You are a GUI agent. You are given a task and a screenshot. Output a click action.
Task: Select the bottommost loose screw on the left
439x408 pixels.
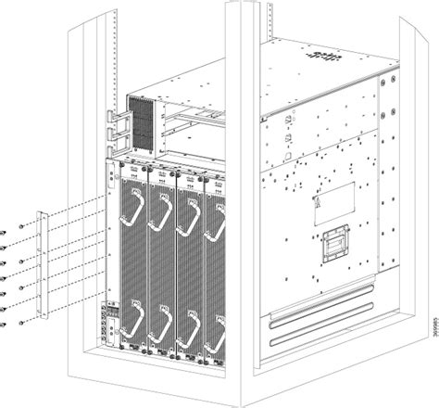coord(6,324)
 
